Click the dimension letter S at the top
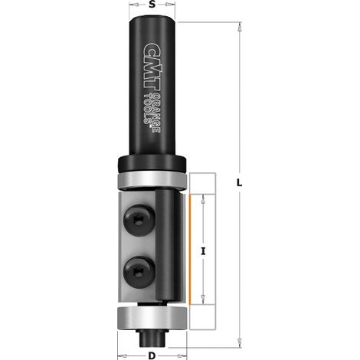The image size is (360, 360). [152, 5]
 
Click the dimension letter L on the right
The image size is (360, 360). [239, 183]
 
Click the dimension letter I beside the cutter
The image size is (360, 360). [203, 251]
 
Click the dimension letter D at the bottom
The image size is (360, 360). [152, 355]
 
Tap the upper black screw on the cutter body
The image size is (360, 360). [139, 219]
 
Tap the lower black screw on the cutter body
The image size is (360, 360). [139, 270]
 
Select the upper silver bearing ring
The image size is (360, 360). [152, 181]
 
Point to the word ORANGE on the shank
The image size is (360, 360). [155, 113]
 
